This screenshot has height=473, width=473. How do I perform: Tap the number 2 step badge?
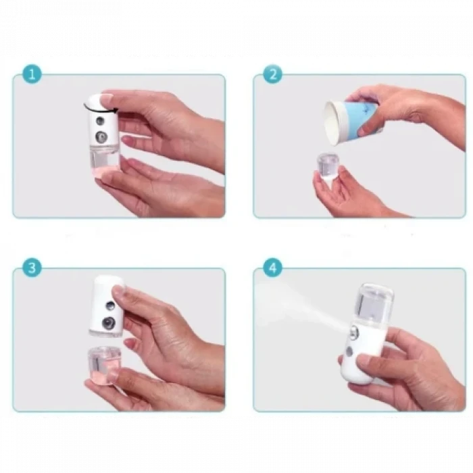(x=272, y=74)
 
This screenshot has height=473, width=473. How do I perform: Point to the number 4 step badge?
(x=272, y=268)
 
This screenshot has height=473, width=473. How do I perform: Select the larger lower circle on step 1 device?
(x=101, y=137)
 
